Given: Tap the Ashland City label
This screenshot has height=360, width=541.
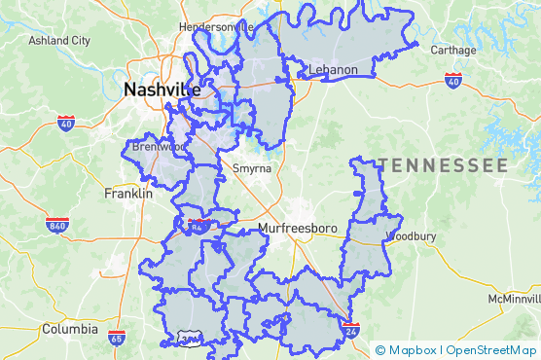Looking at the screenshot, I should click(x=59, y=41).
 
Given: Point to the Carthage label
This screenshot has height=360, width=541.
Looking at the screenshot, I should click(x=452, y=50).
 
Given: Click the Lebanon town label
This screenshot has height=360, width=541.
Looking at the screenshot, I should click(x=334, y=70).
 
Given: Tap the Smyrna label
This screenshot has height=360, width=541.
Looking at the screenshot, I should click(x=252, y=168).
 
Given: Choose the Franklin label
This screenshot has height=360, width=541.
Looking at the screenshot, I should click(x=128, y=194).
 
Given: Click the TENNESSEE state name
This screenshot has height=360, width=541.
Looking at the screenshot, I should click(x=444, y=165).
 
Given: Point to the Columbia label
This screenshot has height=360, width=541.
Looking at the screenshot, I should click(x=69, y=329).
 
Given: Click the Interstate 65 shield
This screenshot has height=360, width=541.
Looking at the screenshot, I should click(x=117, y=339).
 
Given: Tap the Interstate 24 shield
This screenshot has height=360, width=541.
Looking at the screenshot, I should click(x=351, y=331).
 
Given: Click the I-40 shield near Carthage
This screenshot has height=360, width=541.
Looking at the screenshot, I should click(x=452, y=80).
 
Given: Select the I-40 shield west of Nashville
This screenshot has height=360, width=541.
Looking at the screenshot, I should click(x=66, y=124).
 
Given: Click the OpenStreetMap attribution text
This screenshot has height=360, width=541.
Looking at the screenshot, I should click(x=491, y=350).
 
